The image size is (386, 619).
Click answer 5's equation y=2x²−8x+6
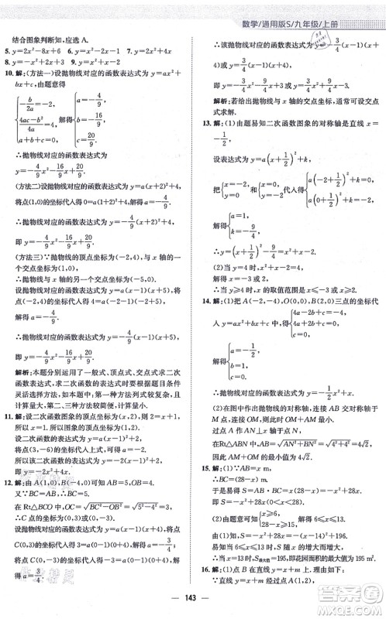tap(36, 50)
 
